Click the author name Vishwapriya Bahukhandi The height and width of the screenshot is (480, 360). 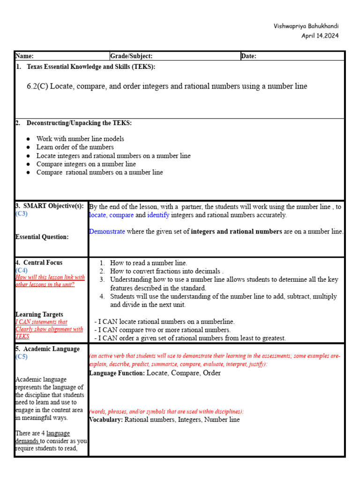pos(306,26)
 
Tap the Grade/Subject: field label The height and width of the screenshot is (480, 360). pos(131,56)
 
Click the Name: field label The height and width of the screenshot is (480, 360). pos(24,56)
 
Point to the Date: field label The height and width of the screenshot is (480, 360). pos(248,56)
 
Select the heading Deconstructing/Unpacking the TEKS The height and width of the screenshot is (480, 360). pos(79,123)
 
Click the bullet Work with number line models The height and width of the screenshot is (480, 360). pos(80,139)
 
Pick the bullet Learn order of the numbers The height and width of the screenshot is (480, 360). pos(75,147)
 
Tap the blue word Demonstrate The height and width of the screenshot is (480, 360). pos(107,232)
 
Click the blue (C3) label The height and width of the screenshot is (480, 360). pos(22,214)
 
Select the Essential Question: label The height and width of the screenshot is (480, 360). pos(42,237)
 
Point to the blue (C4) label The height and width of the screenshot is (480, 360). pos(22,270)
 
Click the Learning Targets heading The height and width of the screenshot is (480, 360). pos(39,315)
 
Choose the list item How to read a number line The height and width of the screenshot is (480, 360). pos(148,263)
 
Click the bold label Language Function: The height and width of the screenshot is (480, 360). pos(117,373)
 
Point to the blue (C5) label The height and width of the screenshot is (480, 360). pos(22,357)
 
